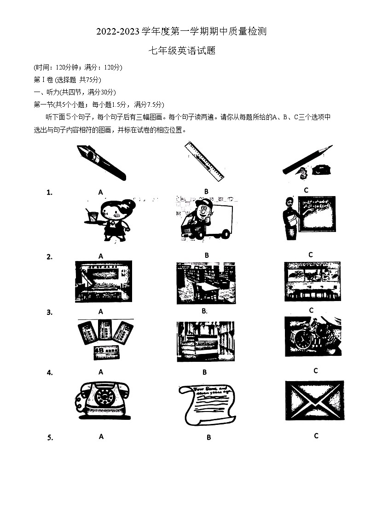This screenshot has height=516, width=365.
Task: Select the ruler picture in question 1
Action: (x=204, y=161)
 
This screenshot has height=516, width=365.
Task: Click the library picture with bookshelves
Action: (x=206, y=283)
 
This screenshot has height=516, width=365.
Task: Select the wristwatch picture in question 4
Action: (x=313, y=336)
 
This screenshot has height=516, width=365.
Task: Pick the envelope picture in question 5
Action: (x=314, y=400)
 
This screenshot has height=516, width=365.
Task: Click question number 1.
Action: (x=49, y=193)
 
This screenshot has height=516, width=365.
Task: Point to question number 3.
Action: (x=49, y=313)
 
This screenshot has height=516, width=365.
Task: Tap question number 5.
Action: (x=50, y=438)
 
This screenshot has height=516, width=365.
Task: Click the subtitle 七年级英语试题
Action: (x=182, y=51)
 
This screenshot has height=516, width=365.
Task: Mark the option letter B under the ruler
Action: (x=206, y=191)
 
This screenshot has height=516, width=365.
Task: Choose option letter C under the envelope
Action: (x=316, y=435)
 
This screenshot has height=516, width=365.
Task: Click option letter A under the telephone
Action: (x=101, y=436)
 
